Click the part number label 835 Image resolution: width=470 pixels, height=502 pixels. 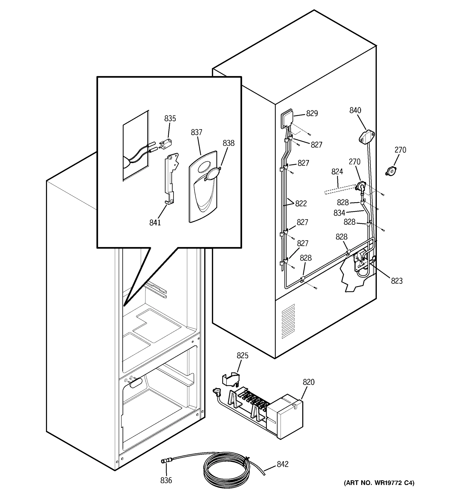pos(170,118)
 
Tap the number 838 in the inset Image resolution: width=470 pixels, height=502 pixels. pos(229,143)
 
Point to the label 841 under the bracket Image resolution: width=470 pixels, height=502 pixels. pos(155,223)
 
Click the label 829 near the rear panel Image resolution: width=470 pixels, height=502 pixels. pos(312,113)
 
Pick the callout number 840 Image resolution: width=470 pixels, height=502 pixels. pos(355,110)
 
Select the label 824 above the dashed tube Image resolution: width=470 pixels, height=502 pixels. pos(337,172)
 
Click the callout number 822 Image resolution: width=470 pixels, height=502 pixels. pos(301,204)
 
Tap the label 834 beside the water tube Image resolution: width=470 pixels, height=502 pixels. pos(339,213)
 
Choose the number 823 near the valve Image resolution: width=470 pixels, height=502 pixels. pos(397,281)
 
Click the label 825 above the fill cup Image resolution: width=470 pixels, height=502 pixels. pos(243,356)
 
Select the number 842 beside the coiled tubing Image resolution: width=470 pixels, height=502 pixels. pos(282,464)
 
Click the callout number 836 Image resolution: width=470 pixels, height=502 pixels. pos(166,480)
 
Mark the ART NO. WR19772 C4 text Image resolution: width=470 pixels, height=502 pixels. pos(379,483)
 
